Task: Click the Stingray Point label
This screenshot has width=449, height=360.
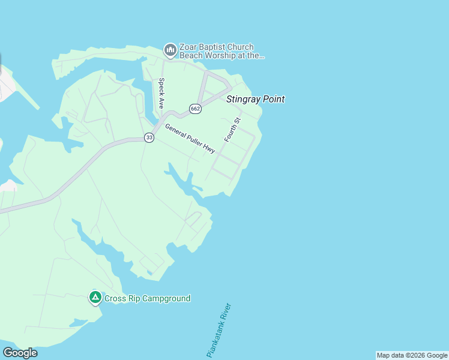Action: (x=255, y=100)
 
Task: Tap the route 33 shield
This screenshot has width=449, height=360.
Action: (x=149, y=138)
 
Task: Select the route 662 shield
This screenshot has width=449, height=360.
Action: (x=194, y=109)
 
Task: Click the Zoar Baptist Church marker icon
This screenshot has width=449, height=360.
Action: (x=170, y=49)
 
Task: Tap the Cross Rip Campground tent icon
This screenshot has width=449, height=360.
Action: (x=95, y=297)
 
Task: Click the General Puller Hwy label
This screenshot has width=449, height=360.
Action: (x=190, y=139)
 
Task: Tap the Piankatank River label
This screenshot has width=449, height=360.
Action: (x=218, y=331)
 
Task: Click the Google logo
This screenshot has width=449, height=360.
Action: (x=20, y=353)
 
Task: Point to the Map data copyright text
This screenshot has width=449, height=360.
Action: (x=412, y=356)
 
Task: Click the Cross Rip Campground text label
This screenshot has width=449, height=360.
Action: (x=147, y=298)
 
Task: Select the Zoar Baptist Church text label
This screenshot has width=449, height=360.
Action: (x=216, y=47)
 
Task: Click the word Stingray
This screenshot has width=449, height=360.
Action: (x=242, y=100)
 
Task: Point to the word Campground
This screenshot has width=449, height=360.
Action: (x=166, y=298)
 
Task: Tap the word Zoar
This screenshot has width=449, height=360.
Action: (x=188, y=47)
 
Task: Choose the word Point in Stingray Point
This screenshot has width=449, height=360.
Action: (x=272, y=100)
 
